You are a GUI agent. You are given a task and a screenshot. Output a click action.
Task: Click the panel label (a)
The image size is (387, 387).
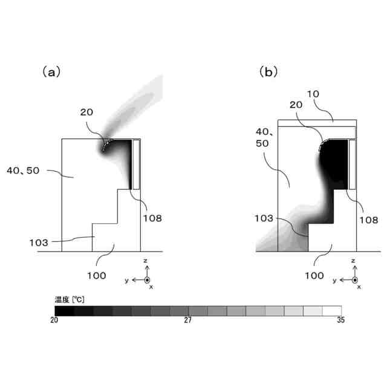pyautogui.click(x=51, y=72)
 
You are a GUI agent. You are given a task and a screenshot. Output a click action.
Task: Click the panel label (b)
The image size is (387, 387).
pyautogui.click(x=268, y=72)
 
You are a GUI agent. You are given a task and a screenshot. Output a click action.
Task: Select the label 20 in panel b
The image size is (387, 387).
pyautogui.click(x=295, y=105)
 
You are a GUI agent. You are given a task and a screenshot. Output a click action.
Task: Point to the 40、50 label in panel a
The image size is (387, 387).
pyautogui.click(x=23, y=171)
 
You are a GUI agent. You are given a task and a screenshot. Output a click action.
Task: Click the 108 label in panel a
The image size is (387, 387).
pyautogui.click(x=152, y=218)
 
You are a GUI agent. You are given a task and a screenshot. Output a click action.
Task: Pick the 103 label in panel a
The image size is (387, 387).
pyautogui.click(x=39, y=242)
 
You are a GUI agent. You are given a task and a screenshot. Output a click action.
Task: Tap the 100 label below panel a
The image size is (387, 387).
pyautogui.click(x=96, y=275)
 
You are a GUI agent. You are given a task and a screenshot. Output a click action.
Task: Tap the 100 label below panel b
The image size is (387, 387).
pyautogui.click(x=314, y=275)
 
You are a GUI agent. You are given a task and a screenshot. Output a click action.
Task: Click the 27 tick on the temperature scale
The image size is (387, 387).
pyautogui.click(x=188, y=320)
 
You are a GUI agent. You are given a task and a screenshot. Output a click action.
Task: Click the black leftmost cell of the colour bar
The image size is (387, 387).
pyautogui.click(x=64, y=310)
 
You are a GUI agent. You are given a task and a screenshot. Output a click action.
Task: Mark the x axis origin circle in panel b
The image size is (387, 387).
pyautogui.click(x=355, y=280)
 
